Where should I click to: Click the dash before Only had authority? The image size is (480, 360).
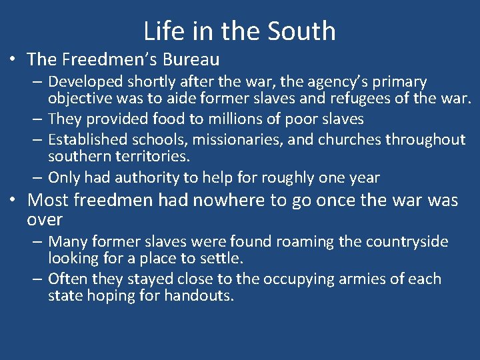point(38,177)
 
